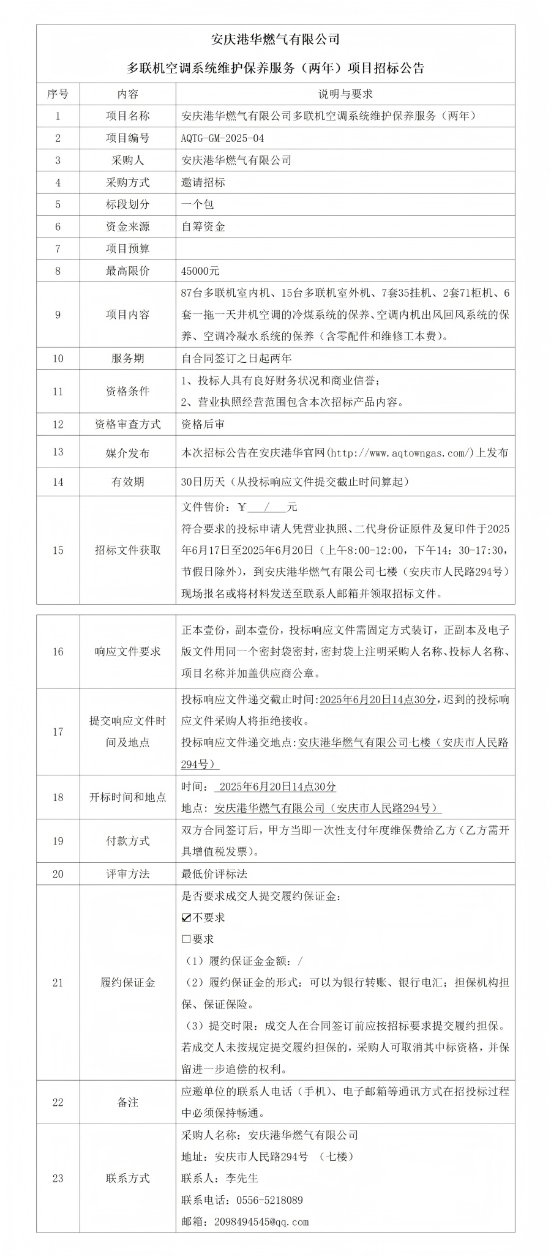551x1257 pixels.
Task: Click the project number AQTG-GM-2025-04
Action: (x=223, y=138)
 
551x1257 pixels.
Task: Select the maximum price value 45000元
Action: (x=200, y=270)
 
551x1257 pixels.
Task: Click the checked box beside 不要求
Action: (x=187, y=917)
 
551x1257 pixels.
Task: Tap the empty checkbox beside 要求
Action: (x=187, y=939)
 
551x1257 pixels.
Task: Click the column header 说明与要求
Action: (x=345, y=94)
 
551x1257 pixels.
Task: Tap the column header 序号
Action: (x=58, y=94)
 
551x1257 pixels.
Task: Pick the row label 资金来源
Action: (x=127, y=226)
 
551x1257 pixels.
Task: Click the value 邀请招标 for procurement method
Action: (x=203, y=182)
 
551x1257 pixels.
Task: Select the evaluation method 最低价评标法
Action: (x=214, y=874)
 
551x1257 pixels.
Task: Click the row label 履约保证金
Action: (x=127, y=983)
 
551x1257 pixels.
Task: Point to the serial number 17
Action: (x=58, y=731)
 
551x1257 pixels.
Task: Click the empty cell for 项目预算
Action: (x=345, y=248)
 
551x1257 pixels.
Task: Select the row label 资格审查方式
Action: (x=127, y=424)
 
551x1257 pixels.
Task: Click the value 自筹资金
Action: (x=203, y=226)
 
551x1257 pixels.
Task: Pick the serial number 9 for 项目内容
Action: (x=58, y=315)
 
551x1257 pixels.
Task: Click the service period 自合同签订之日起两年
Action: (x=236, y=358)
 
